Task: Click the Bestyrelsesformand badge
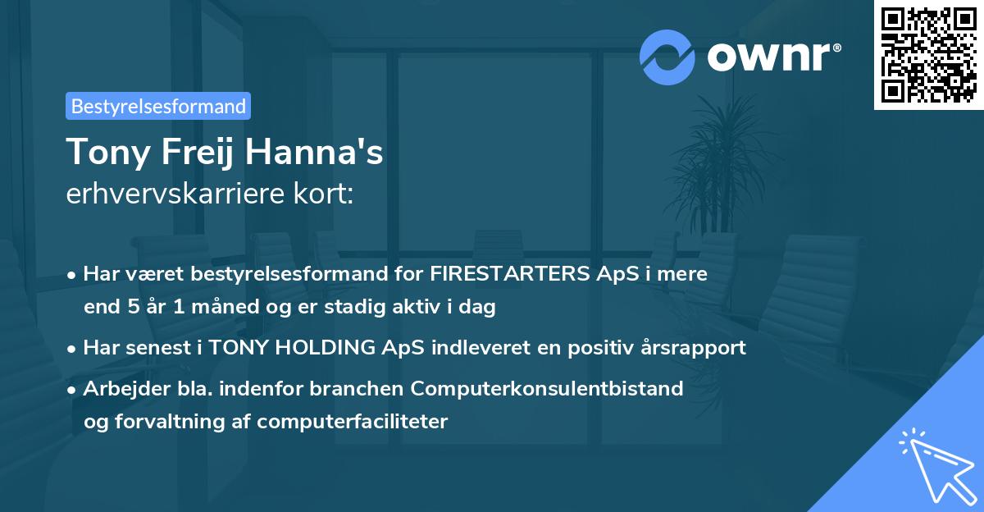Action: point(158,106)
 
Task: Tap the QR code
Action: point(927,54)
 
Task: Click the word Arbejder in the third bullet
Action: point(121,387)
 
